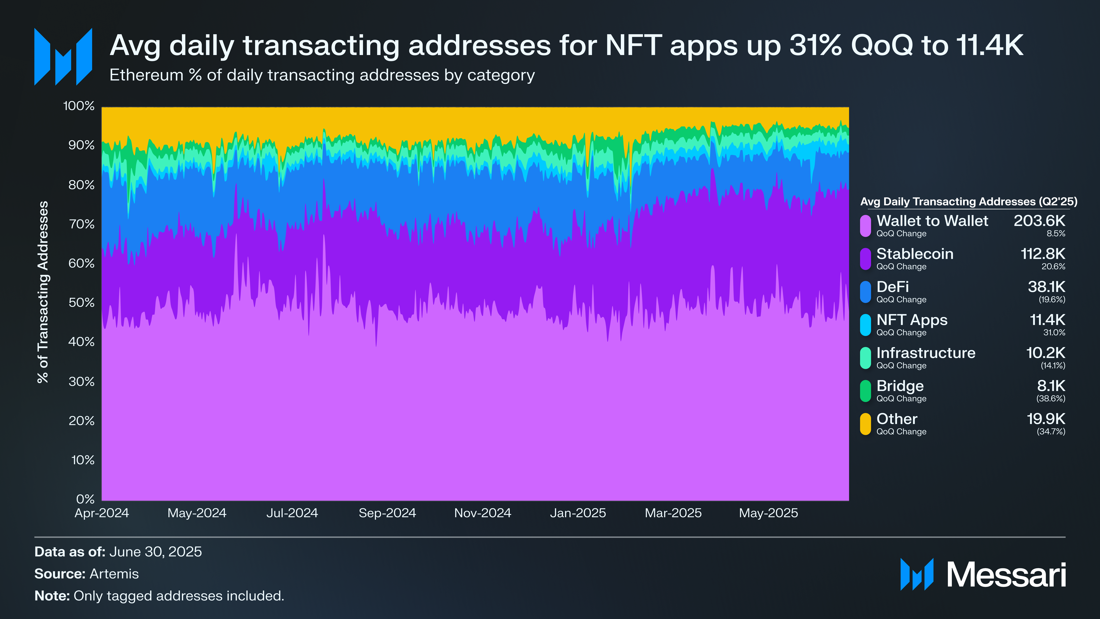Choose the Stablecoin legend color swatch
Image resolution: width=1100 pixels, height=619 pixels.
[x=865, y=259]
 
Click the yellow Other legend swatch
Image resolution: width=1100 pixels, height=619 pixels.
[x=865, y=424]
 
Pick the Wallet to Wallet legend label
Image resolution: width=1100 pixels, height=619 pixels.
[x=932, y=221]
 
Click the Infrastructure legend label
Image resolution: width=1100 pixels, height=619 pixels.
[x=926, y=353]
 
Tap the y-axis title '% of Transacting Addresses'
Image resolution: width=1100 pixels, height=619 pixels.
[x=43, y=292]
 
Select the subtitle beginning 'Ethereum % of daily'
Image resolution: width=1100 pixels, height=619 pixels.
[x=322, y=75]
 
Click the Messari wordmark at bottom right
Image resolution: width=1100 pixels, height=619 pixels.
[x=1006, y=575]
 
